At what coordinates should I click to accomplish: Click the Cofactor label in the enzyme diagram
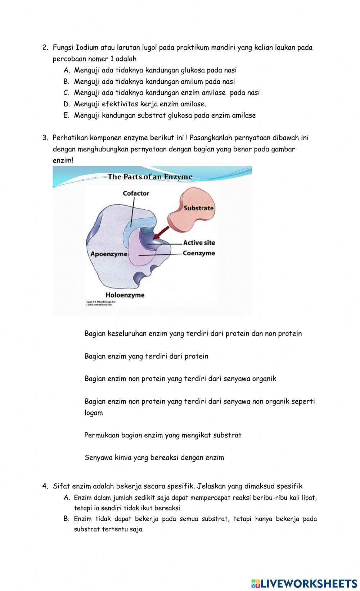(136, 193)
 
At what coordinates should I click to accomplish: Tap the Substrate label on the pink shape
(198, 208)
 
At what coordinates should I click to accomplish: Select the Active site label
(199, 243)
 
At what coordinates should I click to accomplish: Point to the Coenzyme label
(199, 253)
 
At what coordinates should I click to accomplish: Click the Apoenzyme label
(109, 254)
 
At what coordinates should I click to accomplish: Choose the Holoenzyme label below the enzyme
(125, 295)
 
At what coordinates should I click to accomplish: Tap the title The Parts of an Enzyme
(150, 177)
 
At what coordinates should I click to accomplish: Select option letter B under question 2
(66, 82)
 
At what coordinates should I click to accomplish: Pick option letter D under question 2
(66, 104)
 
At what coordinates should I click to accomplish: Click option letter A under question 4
(66, 498)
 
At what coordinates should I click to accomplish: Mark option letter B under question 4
(66, 519)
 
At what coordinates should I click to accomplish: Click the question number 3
(45, 138)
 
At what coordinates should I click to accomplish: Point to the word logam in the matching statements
(94, 413)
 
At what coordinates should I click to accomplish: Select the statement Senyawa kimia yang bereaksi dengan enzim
(154, 458)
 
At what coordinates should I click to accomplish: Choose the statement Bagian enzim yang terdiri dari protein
(146, 356)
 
